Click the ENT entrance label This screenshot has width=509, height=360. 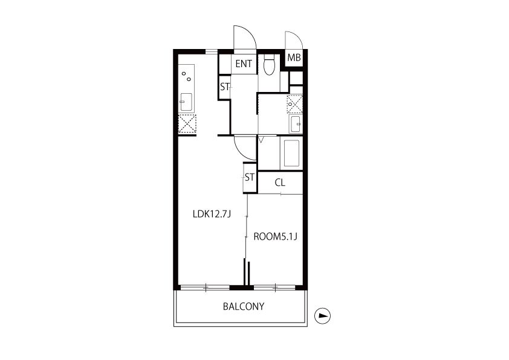coord(244,64)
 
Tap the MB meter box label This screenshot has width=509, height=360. coord(294,58)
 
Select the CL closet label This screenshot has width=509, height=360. coord(280,183)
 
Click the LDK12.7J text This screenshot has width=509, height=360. coord(212,214)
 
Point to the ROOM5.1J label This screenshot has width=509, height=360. coord(275,237)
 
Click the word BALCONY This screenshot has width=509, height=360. coord(244,306)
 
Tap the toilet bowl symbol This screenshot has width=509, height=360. coord(269,65)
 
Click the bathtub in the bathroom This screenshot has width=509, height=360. coord(291,153)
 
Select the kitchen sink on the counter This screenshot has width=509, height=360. coord(186,102)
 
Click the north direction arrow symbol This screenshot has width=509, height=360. coord(322,315)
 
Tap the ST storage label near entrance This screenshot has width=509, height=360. coord(225,87)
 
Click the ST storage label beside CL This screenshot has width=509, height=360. coord(250,177)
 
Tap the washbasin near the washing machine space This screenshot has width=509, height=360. coord(296,124)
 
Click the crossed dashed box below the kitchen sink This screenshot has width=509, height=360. coord(187,124)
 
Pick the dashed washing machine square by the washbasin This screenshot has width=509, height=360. coord(295,104)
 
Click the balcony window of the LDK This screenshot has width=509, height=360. coord(205,287)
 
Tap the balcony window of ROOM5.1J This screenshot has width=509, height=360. coord(274,287)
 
